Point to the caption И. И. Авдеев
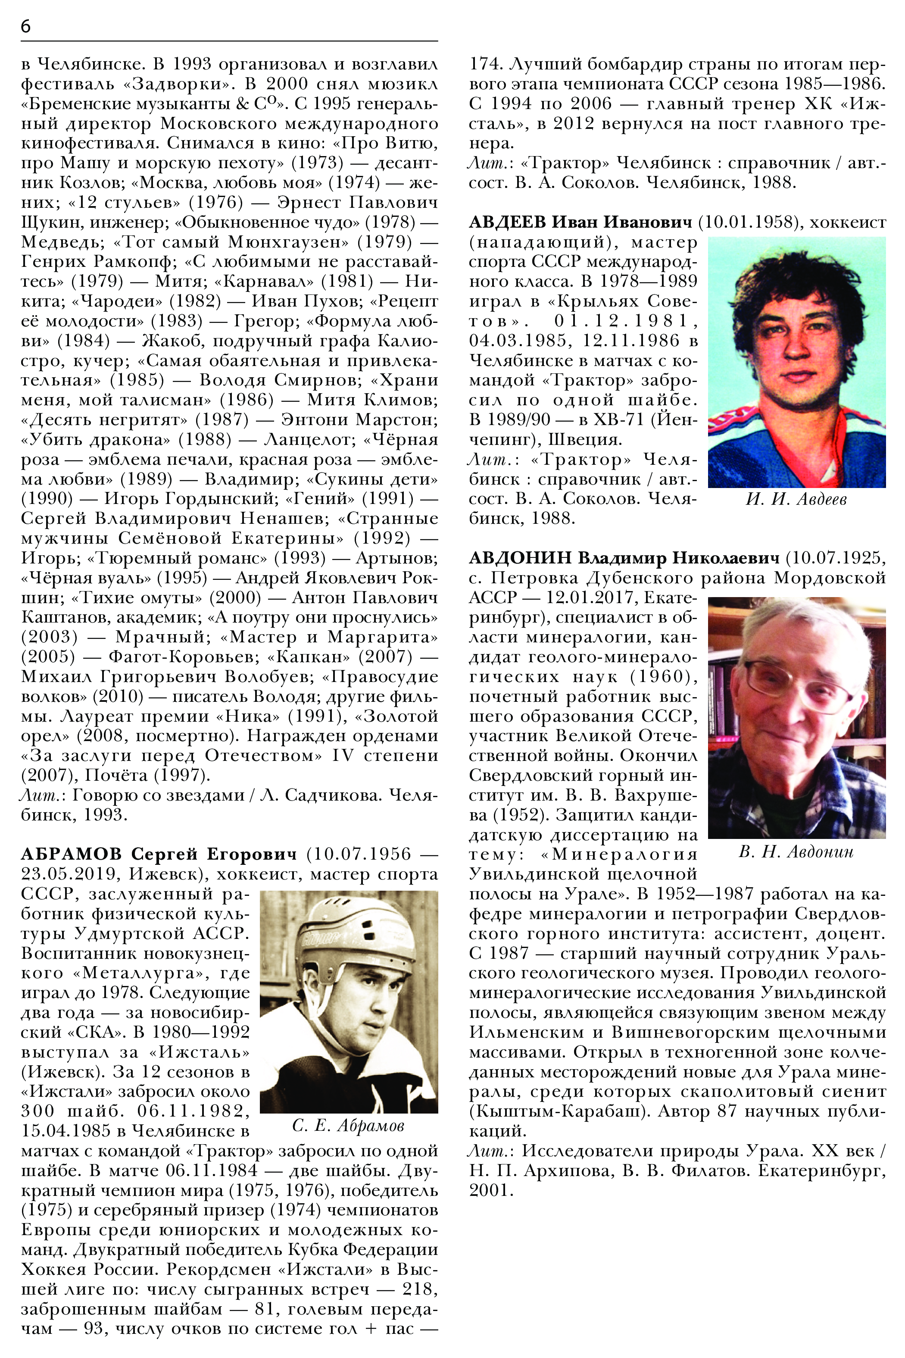796,499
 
